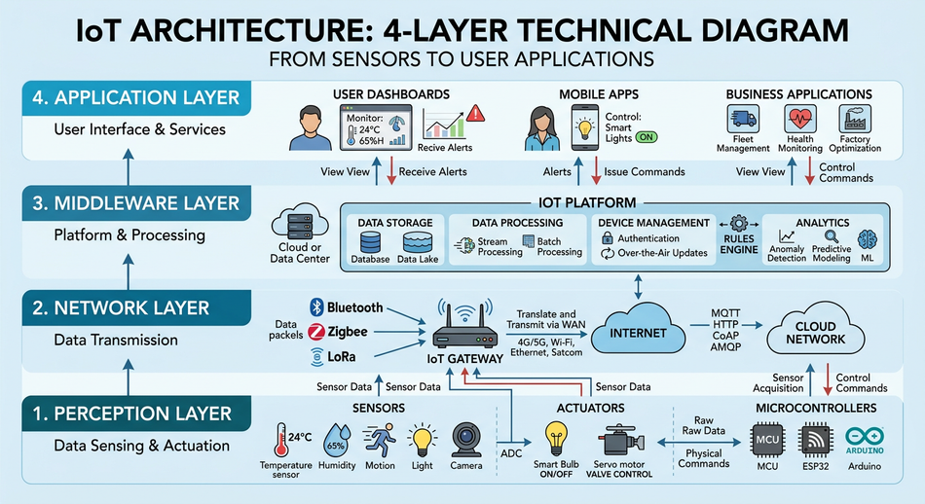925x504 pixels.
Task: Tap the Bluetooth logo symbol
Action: [315, 307]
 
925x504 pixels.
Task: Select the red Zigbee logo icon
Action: [315, 332]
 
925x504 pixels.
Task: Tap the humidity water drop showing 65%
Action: [336, 440]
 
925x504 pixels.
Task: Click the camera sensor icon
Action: [464, 439]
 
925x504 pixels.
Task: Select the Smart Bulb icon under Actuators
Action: [556, 437]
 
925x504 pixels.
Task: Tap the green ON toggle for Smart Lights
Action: [646, 138]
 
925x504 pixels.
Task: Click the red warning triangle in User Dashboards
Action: [475, 113]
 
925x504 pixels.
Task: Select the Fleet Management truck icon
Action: [742, 121]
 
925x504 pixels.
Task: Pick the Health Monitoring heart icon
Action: [799, 120]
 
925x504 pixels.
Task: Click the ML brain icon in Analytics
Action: [866, 241]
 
